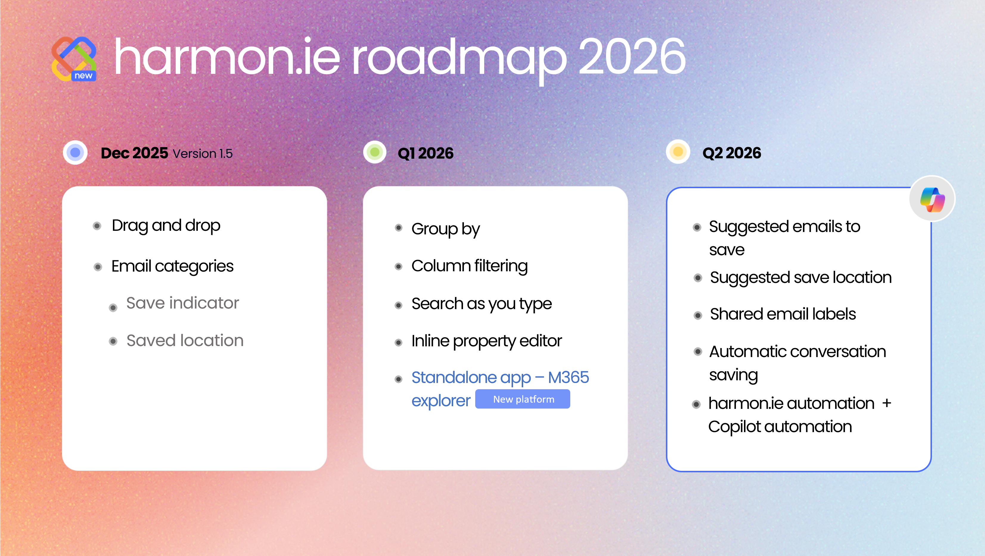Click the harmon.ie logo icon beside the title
pyautogui.click(x=73, y=57)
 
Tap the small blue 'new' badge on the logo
pyautogui.click(x=83, y=76)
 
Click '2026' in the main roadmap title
pyautogui.click(x=632, y=57)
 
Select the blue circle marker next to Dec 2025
pyautogui.click(x=75, y=152)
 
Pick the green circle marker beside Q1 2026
pyautogui.click(x=375, y=152)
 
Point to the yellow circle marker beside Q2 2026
pyautogui.click(x=678, y=152)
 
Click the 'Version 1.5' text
pyautogui.click(x=202, y=154)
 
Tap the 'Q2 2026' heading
pyautogui.click(x=731, y=153)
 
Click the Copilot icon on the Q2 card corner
pyautogui.click(x=932, y=199)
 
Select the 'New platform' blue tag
pyautogui.click(x=523, y=399)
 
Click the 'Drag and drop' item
pyautogui.click(x=166, y=225)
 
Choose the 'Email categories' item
pyautogui.click(x=172, y=266)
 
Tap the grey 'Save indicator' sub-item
pyautogui.click(x=182, y=303)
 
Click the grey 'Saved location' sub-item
pyautogui.click(x=185, y=340)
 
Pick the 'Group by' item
pyautogui.click(x=445, y=229)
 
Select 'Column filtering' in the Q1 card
pyautogui.click(x=469, y=266)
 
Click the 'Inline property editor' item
pyautogui.click(x=486, y=341)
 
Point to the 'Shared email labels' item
pyautogui.click(x=782, y=314)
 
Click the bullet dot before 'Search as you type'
pyautogui.click(x=398, y=305)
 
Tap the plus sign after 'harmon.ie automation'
pyautogui.click(x=887, y=403)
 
